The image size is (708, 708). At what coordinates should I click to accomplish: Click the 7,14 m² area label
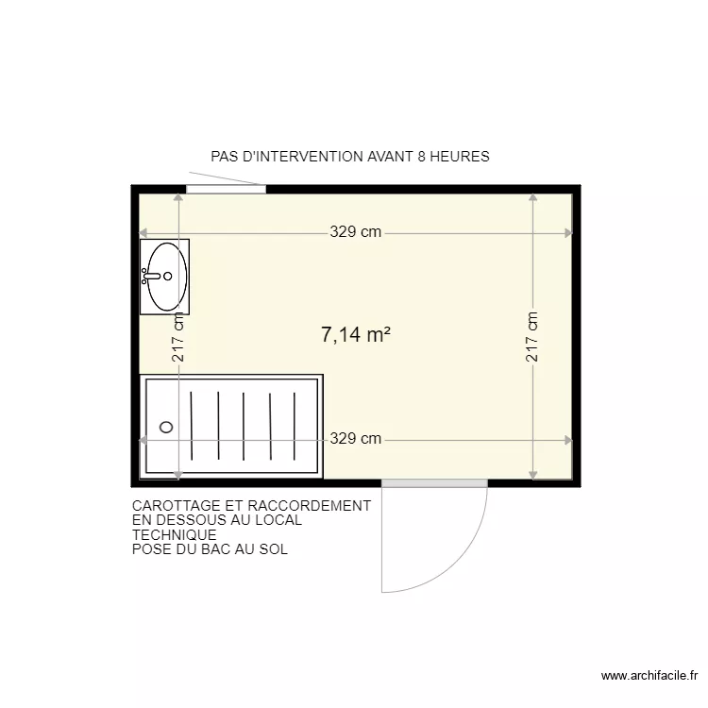[x=356, y=334]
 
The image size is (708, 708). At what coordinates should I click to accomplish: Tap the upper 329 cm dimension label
[x=356, y=232]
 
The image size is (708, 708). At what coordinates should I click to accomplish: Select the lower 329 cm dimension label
[x=356, y=438]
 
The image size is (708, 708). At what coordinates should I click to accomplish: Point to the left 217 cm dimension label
[x=178, y=338]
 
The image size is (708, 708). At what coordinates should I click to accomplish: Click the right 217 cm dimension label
[x=532, y=338]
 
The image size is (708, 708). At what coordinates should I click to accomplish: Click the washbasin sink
[x=166, y=276]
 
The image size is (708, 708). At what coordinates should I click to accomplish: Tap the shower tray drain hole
[x=167, y=427]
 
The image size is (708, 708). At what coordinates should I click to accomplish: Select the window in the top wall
[x=226, y=189]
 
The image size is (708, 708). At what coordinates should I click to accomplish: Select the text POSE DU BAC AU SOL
[x=211, y=549]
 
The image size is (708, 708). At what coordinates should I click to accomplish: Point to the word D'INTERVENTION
[x=302, y=157]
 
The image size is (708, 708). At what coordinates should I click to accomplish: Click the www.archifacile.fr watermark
[x=648, y=676]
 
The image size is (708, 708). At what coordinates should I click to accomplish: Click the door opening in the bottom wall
[x=434, y=483]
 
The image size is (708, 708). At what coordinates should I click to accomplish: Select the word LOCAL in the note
[x=279, y=520]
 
